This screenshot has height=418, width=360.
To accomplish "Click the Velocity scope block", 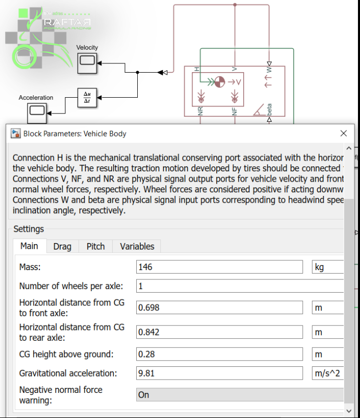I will pos(87,62).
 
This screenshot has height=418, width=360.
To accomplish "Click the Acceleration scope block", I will pos(36,110).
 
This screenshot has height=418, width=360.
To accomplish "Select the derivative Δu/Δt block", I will pos(87,97).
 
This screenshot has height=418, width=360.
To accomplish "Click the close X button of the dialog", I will pos(344,134).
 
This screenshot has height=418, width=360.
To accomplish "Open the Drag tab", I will pos(62,247).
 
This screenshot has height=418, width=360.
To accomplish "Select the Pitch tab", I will pos(95,247).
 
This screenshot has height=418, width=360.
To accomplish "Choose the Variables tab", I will pos(137,247).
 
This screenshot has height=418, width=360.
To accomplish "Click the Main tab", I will pos(29,246).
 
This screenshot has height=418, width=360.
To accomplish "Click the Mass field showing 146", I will pos(220,267).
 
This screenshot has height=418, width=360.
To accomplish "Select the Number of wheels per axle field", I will pos(240,286).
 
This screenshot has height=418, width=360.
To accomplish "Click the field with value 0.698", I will pos(220,307).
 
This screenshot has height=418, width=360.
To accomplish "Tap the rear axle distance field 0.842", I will pos(220,332).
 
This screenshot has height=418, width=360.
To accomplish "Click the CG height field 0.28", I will pos(220,354).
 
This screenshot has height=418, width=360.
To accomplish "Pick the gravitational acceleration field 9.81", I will pos(220,373).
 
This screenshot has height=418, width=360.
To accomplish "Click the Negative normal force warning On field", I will pos(240,395).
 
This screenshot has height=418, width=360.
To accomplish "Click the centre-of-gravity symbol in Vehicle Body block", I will pos(219,81).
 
